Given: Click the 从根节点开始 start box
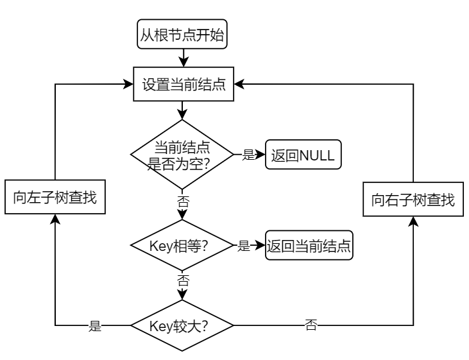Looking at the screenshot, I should [183, 35].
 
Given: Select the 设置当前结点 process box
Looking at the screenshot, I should [183, 84].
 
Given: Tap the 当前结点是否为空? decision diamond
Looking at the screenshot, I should [183, 155].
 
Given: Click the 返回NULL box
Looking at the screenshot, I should [302, 155].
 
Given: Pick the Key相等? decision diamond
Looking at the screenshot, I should [183, 246].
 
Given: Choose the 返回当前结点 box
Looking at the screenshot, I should [309, 246].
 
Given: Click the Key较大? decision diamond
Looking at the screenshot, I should [183, 325].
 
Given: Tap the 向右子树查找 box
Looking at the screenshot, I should [413, 200].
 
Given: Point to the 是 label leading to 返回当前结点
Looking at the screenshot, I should [244, 246].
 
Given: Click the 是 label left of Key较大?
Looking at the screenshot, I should [96, 326].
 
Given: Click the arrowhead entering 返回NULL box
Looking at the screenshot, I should [260, 155].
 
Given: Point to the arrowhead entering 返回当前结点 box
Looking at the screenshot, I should [260, 246].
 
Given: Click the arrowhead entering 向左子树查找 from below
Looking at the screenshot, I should [55, 219].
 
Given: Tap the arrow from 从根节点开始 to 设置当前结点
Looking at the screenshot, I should [183, 58].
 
